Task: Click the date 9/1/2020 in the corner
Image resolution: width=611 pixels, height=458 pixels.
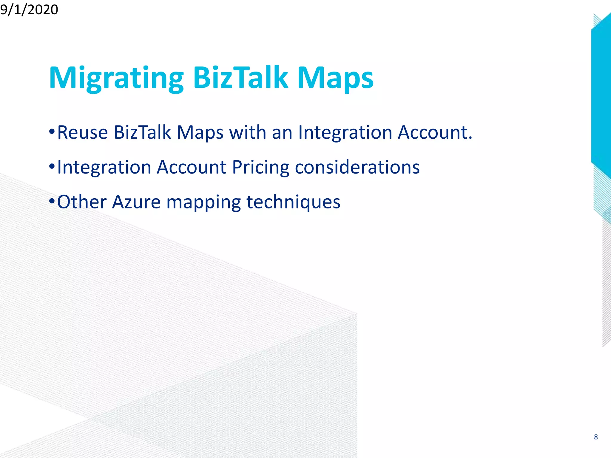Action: [x=29, y=10]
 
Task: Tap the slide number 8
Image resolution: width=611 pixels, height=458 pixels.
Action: [x=596, y=437]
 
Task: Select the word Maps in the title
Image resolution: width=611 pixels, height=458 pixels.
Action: [x=335, y=78]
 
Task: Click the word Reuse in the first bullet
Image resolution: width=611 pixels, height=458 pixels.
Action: [x=82, y=132]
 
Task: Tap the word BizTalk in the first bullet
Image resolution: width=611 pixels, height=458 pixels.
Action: [x=142, y=132]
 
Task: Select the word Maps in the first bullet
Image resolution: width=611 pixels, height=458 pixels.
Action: [x=200, y=133]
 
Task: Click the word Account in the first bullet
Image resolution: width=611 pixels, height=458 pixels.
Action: [x=435, y=132]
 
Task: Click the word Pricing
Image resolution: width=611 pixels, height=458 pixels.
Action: [x=260, y=168]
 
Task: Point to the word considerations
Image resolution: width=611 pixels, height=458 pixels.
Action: [x=357, y=167]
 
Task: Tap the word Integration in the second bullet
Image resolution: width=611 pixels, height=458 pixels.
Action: [x=104, y=168]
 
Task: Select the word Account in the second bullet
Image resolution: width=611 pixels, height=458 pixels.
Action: [x=191, y=167]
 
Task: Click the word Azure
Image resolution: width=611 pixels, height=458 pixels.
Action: [x=136, y=202]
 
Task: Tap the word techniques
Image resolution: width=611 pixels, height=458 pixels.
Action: [x=293, y=202]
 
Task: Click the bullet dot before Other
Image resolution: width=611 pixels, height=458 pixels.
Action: [x=52, y=201]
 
